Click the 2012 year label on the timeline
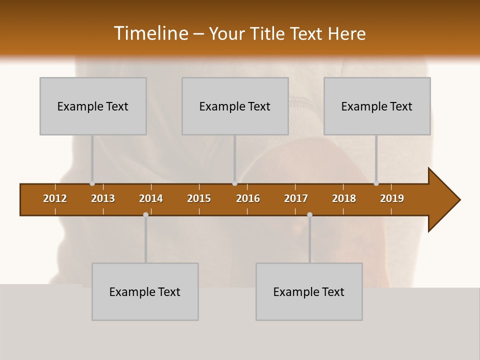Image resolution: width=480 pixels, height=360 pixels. point(55,198)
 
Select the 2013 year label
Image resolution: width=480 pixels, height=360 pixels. point(103,198)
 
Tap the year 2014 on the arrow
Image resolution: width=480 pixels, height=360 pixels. point(151,198)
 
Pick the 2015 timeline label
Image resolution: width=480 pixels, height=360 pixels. point(199,198)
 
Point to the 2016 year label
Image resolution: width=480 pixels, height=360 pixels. point(248,198)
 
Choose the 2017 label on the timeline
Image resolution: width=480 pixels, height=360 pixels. point(296,198)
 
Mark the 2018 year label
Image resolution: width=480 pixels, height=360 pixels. point(344,198)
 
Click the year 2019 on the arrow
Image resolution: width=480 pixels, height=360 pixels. point(392,198)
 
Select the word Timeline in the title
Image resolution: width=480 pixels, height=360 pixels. point(150,33)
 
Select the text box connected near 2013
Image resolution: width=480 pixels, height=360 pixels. point(93,106)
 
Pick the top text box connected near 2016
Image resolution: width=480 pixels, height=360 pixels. point(235,106)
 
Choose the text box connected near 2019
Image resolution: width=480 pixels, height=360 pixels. point(377,106)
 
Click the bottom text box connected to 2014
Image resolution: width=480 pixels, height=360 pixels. point(145,291)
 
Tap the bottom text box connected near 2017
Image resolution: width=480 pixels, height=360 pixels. point(309,291)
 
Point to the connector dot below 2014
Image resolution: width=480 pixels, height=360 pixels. point(145,214)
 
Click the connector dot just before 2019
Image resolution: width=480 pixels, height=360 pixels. point(376,183)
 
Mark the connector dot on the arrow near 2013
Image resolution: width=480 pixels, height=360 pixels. point(92,183)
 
